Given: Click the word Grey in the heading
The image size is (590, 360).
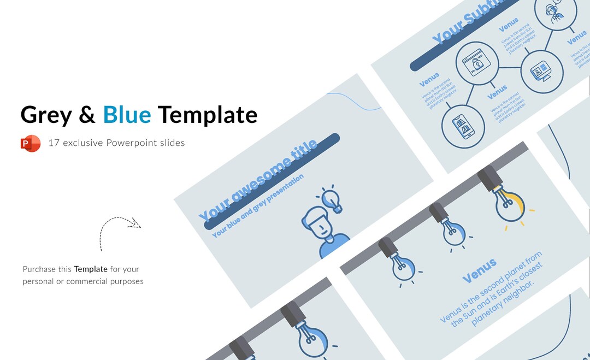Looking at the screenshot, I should [46, 115].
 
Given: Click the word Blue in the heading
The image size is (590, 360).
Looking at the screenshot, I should [127, 115].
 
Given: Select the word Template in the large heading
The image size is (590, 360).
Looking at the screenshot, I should [208, 115].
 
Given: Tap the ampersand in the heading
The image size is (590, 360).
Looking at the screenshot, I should [87, 115].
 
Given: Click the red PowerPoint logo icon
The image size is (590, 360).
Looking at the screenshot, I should [31, 143].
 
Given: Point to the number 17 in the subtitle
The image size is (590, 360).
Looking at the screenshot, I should [53, 143].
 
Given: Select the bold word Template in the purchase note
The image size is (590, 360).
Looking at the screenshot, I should [91, 269].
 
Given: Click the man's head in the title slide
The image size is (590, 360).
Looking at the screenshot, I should [320, 223].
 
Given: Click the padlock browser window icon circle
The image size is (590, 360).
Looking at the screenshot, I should [477, 63].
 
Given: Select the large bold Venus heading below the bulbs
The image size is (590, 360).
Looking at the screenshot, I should [479, 271].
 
